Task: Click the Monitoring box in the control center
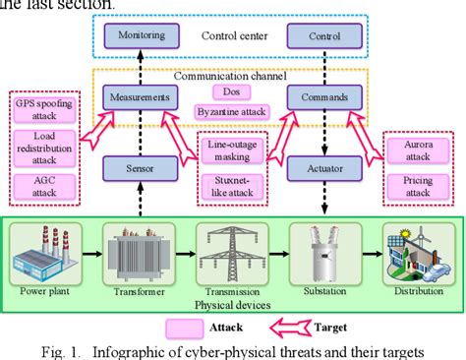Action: point(142,37)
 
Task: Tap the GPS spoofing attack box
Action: point(36,108)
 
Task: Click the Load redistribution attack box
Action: point(36,147)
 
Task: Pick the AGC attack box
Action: point(36,185)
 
